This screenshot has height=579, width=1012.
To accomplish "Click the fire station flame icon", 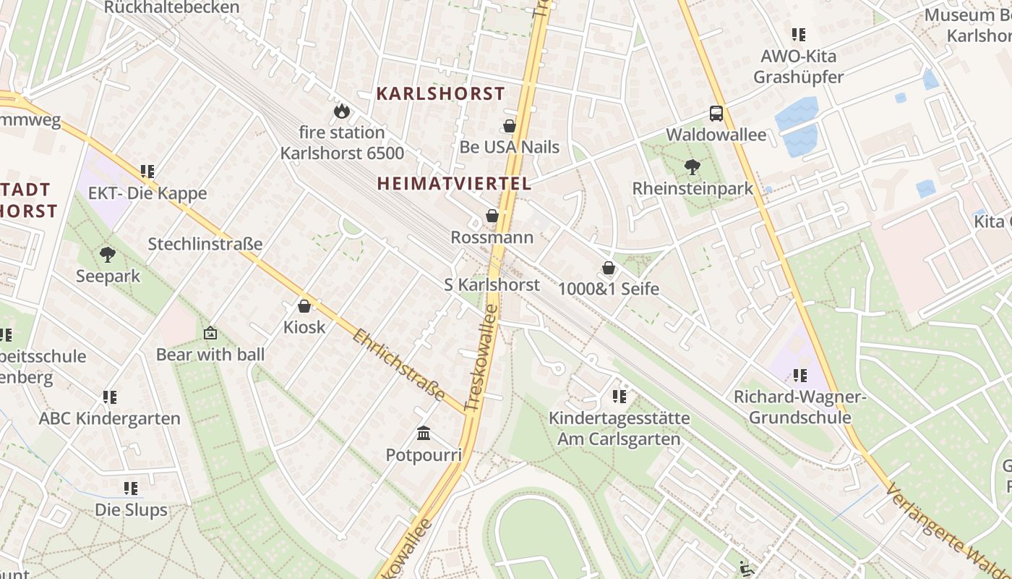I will tap(341, 111).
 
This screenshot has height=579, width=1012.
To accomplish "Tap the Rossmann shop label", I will tap(492, 237).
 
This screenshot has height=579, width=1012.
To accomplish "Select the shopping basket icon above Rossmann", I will tap(492, 216).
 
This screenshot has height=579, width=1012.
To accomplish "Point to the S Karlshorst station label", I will tap(492, 284).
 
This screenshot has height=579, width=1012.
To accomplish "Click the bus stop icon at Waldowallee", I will tap(716, 114).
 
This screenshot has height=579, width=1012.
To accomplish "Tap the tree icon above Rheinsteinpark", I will tap(692, 167).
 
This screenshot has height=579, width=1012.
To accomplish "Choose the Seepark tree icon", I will tap(108, 255).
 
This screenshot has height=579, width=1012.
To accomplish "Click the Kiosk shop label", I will tap(304, 327).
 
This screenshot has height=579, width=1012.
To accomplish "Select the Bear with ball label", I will tap(210, 355).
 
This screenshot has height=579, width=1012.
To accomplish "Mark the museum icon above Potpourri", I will tap(424, 434).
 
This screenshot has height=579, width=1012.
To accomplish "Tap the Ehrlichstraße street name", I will tap(399, 365).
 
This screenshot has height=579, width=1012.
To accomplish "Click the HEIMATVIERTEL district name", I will tap(455, 184).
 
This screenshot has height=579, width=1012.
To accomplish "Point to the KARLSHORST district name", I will tap(441, 93).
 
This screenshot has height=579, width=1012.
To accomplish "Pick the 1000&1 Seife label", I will tap(609, 289).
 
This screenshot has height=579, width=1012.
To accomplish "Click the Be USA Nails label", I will tap(510, 147).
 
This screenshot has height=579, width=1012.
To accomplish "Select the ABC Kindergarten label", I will tap(109, 418).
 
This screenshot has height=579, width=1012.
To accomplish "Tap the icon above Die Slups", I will tap(131, 489).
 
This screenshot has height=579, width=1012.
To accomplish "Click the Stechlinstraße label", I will tap(205, 244).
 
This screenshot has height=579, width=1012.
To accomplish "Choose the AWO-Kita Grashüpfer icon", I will tap(798, 34).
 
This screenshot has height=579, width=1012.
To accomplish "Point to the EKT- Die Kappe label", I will tap(147, 193).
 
